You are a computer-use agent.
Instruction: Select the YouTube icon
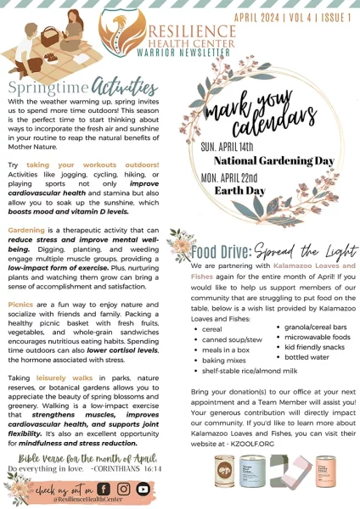[143, 489]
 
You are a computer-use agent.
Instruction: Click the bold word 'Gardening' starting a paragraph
[26, 230]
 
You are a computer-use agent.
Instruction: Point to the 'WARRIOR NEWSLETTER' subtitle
[176, 52]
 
